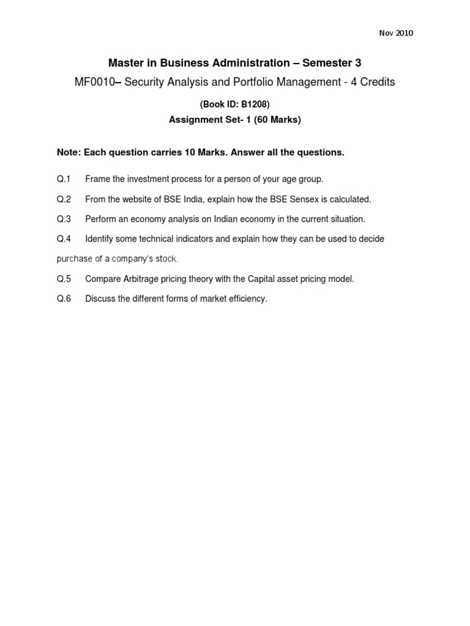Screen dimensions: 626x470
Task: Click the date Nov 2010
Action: (396, 33)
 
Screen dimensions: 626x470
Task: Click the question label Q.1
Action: (64, 179)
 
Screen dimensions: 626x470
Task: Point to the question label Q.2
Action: (64, 199)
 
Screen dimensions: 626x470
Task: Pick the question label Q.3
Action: (64, 219)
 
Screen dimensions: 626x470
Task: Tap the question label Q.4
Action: (64, 239)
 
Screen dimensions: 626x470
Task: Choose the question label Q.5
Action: (64, 279)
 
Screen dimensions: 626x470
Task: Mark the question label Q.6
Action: (64, 299)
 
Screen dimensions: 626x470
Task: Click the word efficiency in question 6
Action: (247, 299)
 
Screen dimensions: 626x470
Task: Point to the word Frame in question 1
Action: (97, 179)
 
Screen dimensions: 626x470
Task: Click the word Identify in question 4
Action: (100, 239)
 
